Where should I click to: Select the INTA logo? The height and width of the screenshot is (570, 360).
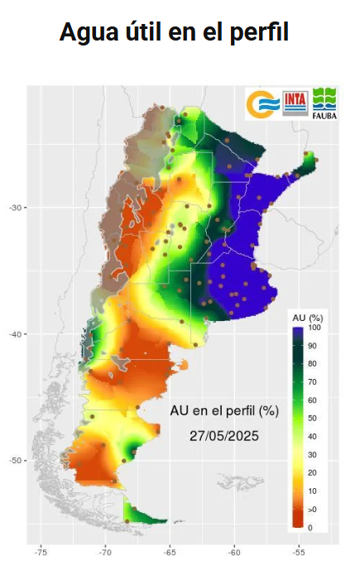tap(296, 103)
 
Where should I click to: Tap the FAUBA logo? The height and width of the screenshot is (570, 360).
tap(324, 105)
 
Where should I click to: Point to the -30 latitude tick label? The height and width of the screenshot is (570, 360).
tap(14, 207)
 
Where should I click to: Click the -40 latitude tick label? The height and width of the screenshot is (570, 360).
tap(14, 334)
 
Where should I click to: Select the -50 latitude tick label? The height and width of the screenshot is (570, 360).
tap(14, 460)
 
